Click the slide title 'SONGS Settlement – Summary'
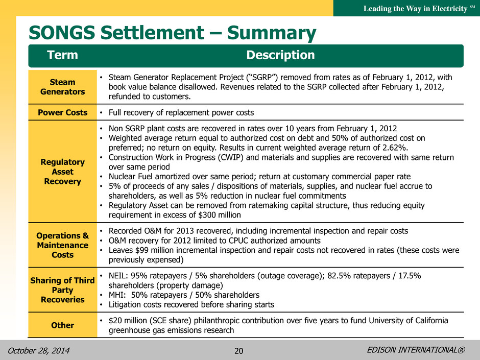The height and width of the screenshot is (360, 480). (173, 33)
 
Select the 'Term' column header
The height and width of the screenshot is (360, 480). (62, 55)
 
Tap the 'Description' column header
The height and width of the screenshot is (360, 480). (280, 55)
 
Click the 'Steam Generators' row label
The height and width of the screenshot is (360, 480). (62, 87)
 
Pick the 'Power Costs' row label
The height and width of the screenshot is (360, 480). (62, 113)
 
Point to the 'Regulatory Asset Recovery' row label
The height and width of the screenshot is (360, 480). (62, 172)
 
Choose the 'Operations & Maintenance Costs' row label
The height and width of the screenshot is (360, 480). (62, 245)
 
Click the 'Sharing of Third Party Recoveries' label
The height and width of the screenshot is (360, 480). (62, 290)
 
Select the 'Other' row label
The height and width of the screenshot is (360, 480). (62, 325)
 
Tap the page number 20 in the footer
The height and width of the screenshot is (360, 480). (239, 351)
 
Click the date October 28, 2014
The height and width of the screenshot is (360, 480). (39, 350)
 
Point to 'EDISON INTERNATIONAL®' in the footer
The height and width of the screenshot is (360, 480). (416, 350)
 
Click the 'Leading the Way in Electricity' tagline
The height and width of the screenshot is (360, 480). (416, 9)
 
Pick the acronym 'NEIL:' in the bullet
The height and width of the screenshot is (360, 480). (118, 276)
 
